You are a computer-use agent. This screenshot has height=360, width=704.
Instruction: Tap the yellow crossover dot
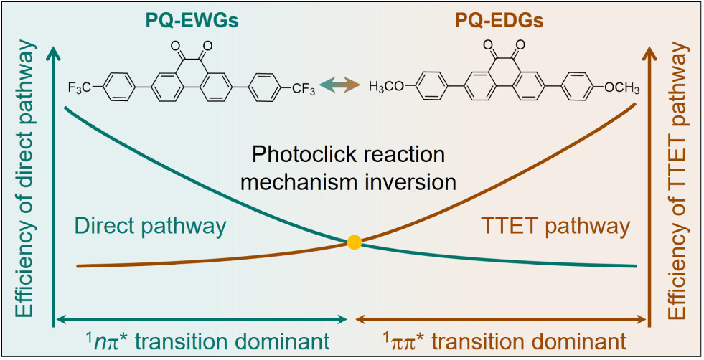pos(353,242)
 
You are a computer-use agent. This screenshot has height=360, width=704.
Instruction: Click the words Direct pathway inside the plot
pos(149,227)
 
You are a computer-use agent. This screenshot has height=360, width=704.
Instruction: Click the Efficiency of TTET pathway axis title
pos(678,179)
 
